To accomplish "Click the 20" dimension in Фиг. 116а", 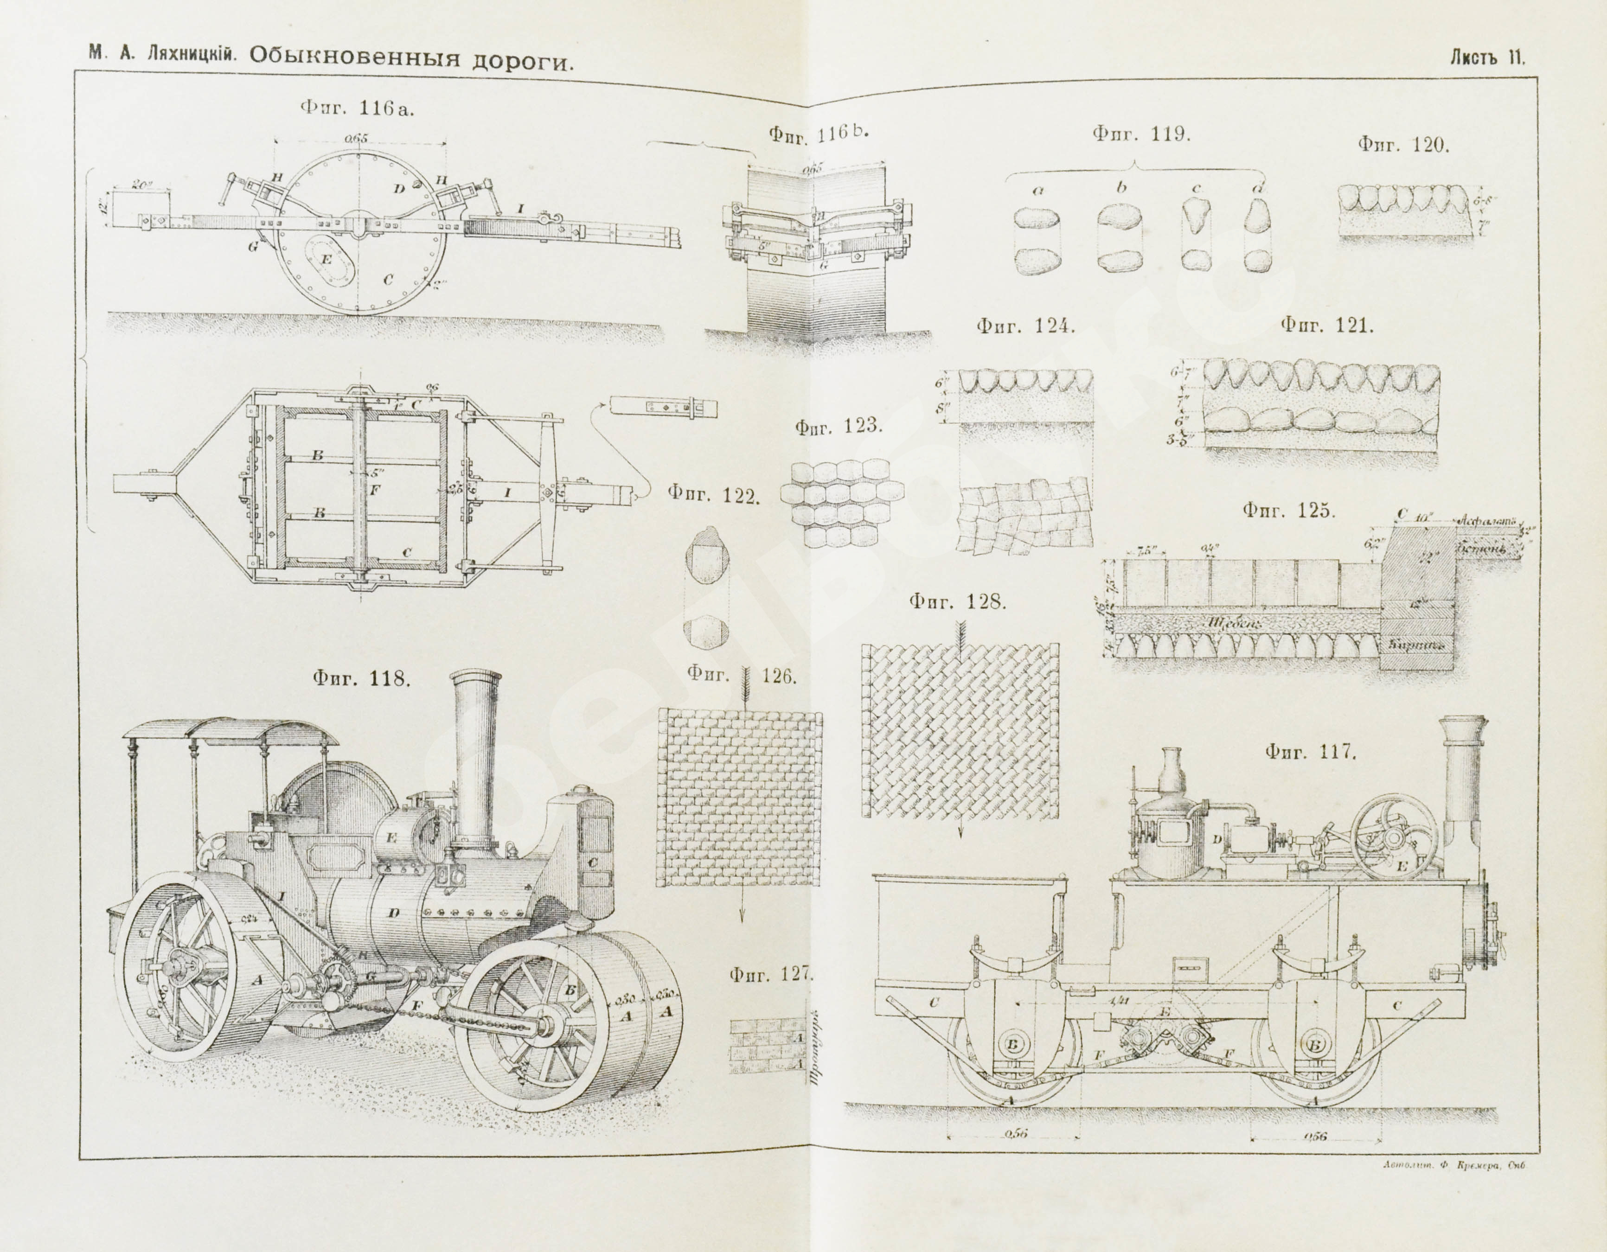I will (134, 184).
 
